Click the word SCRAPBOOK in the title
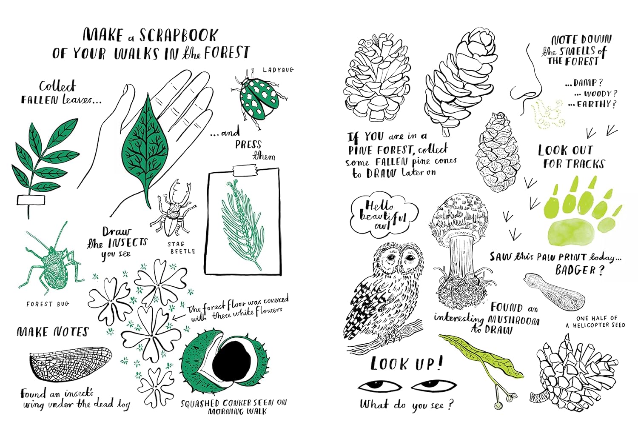click(x=179, y=35)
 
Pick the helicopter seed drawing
click(x=554, y=292)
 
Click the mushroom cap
click(x=459, y=214)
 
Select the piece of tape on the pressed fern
click(x=245, y=170)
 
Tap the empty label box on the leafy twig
click(x=31, y=200)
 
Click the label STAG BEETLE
click(x=181, y=248)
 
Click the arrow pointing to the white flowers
click(x=179, y=317)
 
